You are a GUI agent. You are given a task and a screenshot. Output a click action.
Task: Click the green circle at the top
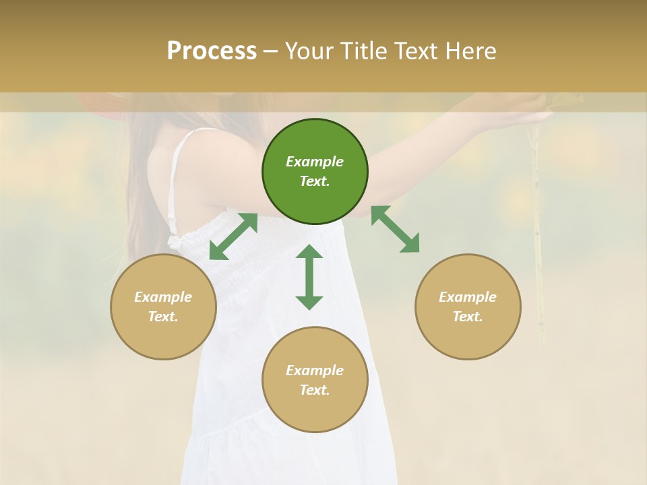pos(315,171)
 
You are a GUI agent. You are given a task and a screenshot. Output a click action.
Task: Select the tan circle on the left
pos(163,306)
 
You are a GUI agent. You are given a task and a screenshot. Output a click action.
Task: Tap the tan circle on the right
pos(468,306)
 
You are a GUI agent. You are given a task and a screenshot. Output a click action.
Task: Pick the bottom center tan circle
pos(315,379)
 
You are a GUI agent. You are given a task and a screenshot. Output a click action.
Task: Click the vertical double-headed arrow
pos(309,277)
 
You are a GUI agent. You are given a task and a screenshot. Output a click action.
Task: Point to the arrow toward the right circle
pos(396,229)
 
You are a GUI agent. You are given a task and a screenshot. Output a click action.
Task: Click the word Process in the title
pos(212,51)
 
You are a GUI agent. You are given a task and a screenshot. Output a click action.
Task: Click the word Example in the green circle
pos(315,162)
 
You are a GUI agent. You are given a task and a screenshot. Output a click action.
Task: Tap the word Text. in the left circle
pos(163,317)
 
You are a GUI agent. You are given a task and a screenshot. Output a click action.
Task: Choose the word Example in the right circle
pos(468,297)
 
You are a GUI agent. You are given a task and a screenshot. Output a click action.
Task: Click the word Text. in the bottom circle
pos(315,390)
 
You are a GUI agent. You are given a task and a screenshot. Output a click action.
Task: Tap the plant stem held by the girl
pos(537,236)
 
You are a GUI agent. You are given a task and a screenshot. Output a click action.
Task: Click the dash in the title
pos(270,51)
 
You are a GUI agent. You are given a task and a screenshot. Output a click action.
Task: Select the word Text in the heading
pos(415,51)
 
